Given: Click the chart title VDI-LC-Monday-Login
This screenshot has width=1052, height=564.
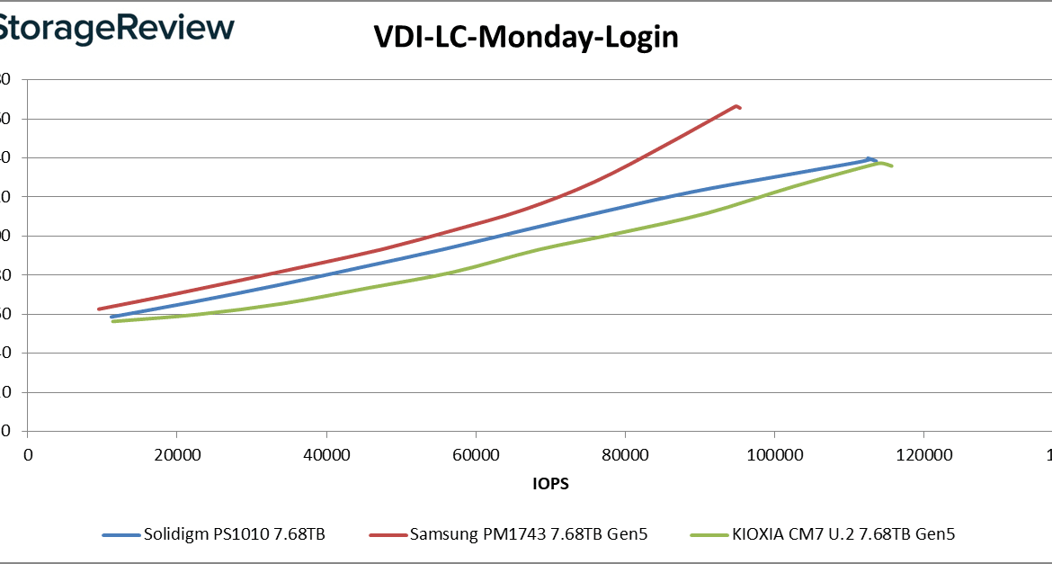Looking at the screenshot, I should pyautogui.click(x=526, y=38).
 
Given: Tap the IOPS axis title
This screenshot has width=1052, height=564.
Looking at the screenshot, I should pyautogui.click(x=550, y=483).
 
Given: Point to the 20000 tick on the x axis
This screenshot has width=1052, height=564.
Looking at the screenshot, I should pyautogui.click(x=177, y=454).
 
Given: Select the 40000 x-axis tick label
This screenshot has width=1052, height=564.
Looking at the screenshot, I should pyautogui.click(x=326, y=454).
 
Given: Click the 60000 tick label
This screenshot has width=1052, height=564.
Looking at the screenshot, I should pyautogui.click(x=476, y=454).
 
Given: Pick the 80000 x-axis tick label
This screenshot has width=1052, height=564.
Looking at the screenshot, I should pyautogui.click(x=625, y=454).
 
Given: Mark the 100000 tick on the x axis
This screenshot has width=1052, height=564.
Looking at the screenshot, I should pyautogui.click(x=774, y=454).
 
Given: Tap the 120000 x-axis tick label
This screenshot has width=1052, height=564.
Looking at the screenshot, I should pyautogui.click(x=923, y=454).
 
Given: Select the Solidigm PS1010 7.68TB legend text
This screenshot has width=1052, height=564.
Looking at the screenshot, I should pyautogui.click(x=234, y=534).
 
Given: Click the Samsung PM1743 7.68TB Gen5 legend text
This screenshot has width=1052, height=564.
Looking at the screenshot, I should pyautogui.click(x=528, y=534).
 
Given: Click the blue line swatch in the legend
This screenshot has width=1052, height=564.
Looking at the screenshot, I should pyautogui.click(x=120, y=535).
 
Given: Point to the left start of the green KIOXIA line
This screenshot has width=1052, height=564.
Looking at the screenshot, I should pyautogui.click(x=112, y=321).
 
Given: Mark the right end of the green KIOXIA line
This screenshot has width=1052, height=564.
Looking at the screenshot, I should pyautogui.click(x=891, y=166).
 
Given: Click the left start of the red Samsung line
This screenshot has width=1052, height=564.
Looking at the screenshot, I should pyautogui.click(x=99, y=309).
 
